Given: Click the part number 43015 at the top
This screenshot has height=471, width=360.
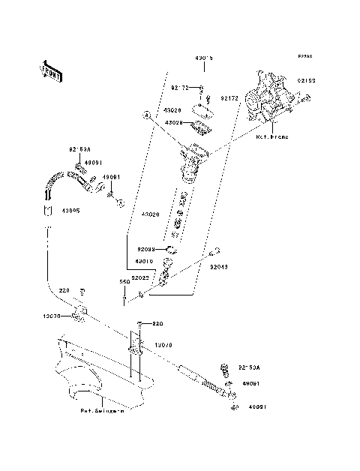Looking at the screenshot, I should pyautogui.click(x=204, y=58).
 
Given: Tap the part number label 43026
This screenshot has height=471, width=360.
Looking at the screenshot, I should pyautogui.click(x=174, y=110).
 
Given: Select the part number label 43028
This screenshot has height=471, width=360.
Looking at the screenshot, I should pyautogui.click(x=174, y=121).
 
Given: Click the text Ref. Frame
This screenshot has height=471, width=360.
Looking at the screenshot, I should pyautogui.click(x=271, y=137).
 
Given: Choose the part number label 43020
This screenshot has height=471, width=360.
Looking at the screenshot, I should pyautogui.click(x=151, y=214).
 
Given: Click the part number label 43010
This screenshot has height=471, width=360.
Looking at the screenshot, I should pyautogui.click(x=144, y=262).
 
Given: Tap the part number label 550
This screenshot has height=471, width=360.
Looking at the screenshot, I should pyautogui.click(x=124, y=282).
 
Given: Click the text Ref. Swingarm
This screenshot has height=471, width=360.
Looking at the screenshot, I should pyautogui.click(x=103, y=411).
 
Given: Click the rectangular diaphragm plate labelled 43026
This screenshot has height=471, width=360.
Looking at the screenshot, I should pyautogui.click(x=201, y=111).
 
